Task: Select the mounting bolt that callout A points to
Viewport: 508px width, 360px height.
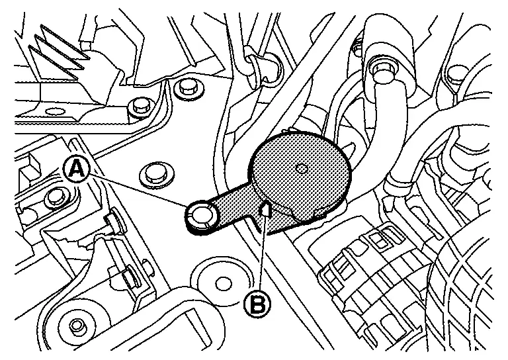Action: [199, 214]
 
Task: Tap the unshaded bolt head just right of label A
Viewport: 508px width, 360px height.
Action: [155, 171]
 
